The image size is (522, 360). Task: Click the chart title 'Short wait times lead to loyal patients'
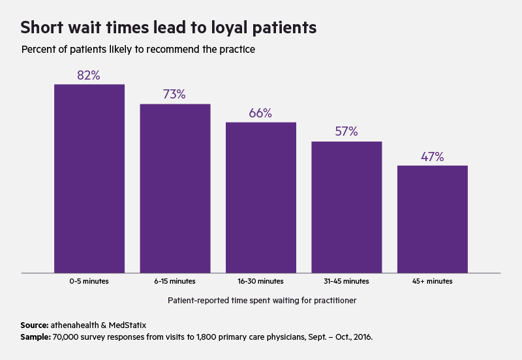pyautogui.click(x=168, y=27)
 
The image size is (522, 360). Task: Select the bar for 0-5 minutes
pyautogui.click(x=89, y=178)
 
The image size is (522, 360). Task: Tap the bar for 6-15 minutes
pyautogui.click(x=175, y=188)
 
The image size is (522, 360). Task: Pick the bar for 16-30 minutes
pyautogui.click(x=261, y=197)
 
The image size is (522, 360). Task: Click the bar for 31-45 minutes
pyautogui.click(x=346, y=207)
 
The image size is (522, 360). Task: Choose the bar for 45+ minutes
pyautogui.click(x=432, y=218)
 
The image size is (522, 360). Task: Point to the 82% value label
pyautogui.click(x=89, y=75)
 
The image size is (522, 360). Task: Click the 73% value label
pyautogui.click(x=174, y=94)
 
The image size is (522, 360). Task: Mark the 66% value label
pyautogui.click(x=260, y=113)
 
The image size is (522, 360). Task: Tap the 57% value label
pyautogui.click(x=346, y=131)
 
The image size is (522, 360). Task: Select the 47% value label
pyautogui.click(x=432, y=157)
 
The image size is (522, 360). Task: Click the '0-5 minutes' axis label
pyautogui.click(x=89, y=281)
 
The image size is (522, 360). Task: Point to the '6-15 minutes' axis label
pyautogui.click(x=175, y=281)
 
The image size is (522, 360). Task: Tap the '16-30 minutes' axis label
pyautogui.click(x=261, y=281)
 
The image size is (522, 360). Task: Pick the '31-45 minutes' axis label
pyautogui.click(x=346, y=281)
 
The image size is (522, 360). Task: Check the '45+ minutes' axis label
pyautogui.click(x=432, y=281)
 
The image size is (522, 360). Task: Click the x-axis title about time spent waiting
pyautogui.click(x=261, y=301)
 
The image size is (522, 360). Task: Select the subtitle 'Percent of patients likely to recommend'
pyautogui.click(x=138, y=50)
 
